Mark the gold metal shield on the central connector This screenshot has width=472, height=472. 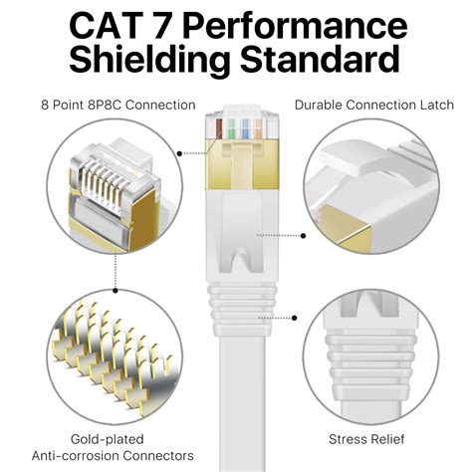pos(236,169)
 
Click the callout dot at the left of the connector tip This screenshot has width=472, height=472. pos(179,153)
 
